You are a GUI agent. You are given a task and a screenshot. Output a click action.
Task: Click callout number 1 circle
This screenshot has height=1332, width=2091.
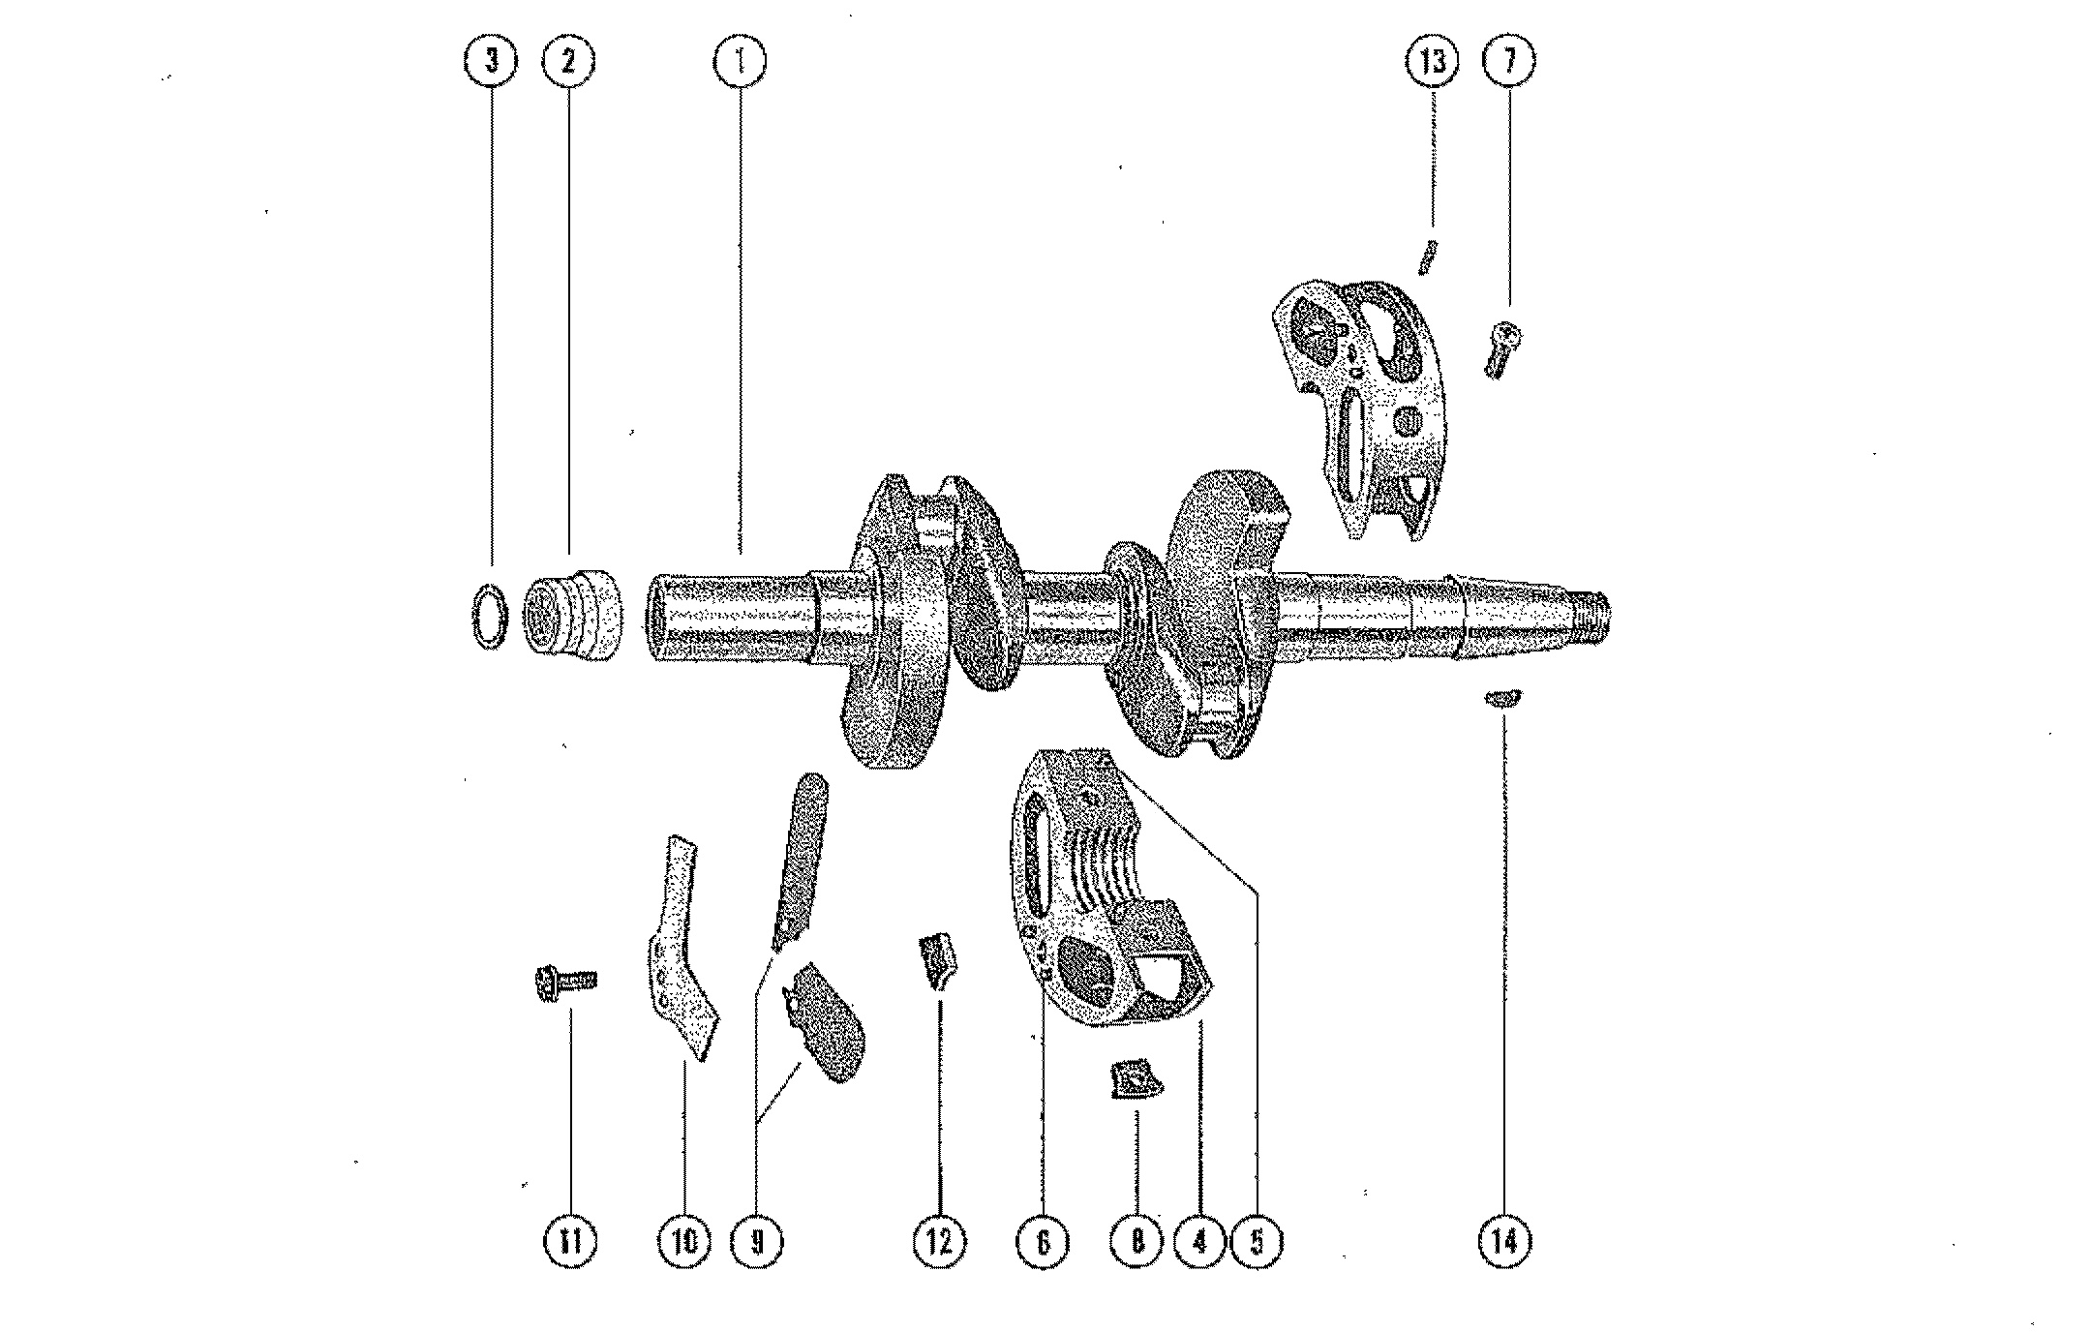pyautogui.click(x=740, y=62)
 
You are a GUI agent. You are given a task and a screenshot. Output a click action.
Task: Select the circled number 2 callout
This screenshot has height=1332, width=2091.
pyautogui.click(x=567, y=62)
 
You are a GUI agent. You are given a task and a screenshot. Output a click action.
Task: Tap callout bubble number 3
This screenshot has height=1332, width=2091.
pyautogui.click(x=491, y=62)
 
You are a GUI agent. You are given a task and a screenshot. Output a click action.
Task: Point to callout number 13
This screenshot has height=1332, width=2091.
pyautogui.click(x=1432, y=62)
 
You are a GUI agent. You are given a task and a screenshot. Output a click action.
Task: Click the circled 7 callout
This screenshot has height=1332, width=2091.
pyautogui.click(x=1508, y=62)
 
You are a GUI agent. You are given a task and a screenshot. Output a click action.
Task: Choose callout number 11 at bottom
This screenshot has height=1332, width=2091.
pyautogui.click(x=570, y=1240)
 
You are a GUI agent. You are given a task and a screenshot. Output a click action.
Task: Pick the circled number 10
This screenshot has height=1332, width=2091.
pyautogui.click(x=683, y=1240)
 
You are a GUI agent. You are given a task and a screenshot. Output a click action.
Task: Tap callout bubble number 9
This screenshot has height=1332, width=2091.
pyautogui.click(x=758, y=1240)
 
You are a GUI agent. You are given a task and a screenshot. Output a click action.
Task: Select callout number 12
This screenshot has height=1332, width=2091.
pyautogui.click(x=940, y=1240)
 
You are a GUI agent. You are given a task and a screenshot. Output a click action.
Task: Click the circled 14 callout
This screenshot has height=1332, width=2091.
pyautogui.click(x=1505, y=1240)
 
